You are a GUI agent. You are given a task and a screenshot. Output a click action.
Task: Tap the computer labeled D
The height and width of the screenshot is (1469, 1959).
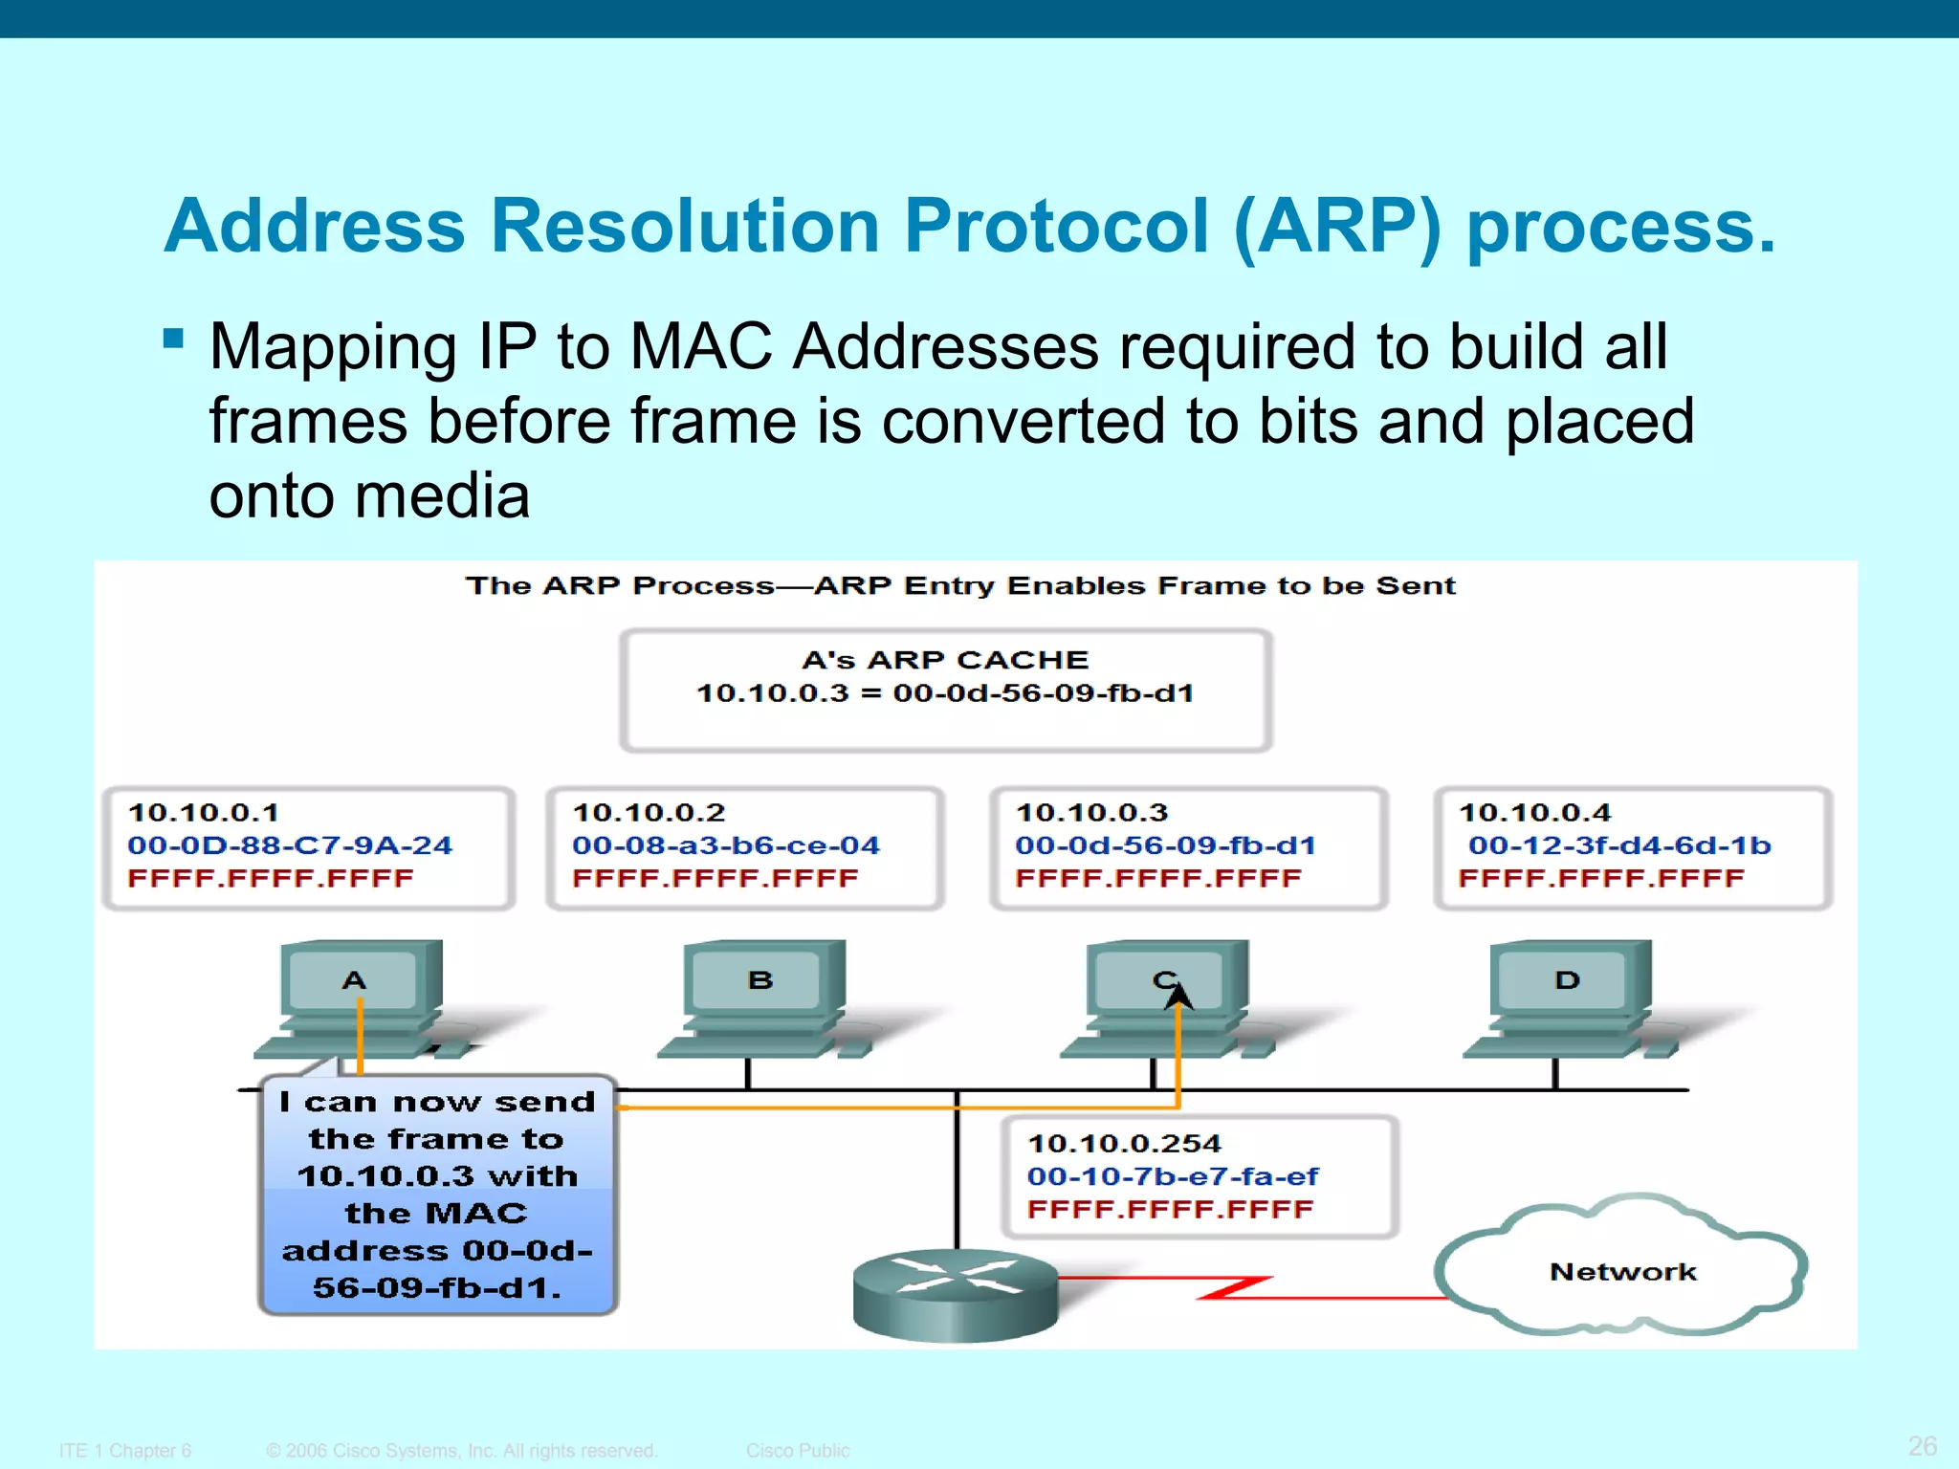[1568, 995]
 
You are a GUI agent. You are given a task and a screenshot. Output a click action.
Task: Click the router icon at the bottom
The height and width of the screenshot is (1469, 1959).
[955, 1293]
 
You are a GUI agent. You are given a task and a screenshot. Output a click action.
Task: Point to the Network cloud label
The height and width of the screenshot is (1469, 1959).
[1622, 1272]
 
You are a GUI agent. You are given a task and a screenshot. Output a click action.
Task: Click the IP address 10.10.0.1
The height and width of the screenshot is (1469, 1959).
[203, 813]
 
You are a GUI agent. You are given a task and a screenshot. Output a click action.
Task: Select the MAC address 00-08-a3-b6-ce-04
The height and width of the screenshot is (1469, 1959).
[725, 845]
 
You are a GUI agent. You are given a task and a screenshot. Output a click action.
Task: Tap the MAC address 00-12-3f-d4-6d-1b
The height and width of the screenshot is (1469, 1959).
[1618, 845]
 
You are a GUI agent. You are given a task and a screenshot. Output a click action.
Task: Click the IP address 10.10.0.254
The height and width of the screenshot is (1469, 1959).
[1124, 1144]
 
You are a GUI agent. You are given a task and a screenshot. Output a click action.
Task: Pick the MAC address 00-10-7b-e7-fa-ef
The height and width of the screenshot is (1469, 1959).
[1172, 1176]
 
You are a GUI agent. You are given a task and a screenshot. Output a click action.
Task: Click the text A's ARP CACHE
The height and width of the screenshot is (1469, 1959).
[944, 660]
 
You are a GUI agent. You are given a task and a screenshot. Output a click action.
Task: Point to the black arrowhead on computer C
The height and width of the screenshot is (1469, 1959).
[1178, 998]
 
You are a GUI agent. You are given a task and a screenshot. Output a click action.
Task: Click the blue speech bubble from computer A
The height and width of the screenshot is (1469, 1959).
[437, 1195]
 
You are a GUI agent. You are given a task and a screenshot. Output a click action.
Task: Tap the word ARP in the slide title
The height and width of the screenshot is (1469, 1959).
[1336, 227]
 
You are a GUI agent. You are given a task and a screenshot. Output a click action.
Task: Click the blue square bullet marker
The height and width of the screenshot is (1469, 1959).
[173, 339]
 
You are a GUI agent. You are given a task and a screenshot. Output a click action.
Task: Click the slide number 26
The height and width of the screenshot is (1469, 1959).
[1922, 1445]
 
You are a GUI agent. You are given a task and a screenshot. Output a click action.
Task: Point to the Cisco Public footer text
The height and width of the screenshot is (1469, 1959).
[797, 1451]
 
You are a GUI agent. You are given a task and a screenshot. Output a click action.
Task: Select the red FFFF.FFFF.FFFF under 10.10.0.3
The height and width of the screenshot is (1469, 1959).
[1157, 878]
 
